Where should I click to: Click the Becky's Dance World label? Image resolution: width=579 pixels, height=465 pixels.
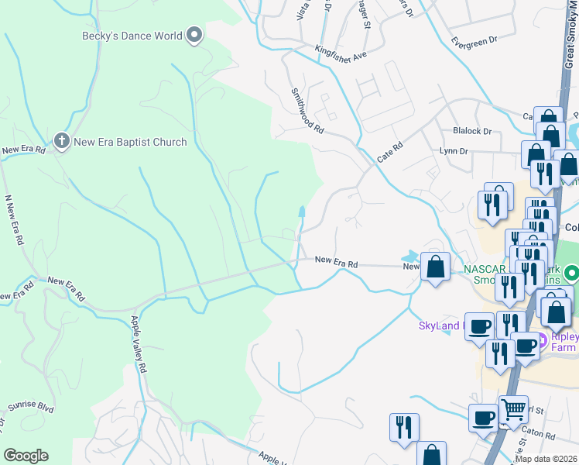pyautogui.click(x=132, y=36)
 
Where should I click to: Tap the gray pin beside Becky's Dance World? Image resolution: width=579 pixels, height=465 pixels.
pyautogui.click(x=194, y=35)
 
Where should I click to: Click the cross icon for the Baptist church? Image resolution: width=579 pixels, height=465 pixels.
pyautogui.click(x=62, y=141)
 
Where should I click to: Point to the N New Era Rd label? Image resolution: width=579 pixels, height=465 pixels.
pyautogui.click(x=12, y=221)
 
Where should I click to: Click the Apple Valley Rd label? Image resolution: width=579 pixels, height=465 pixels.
pyautogui.click(x=139, y=345)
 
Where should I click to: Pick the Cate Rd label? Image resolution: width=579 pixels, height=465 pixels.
pyautogui.click(x=390, y=151)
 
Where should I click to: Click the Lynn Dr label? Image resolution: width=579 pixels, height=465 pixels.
pyautogui.click(x=454, y=151)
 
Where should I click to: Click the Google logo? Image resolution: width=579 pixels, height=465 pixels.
pyautogui.click(x=26, y=455)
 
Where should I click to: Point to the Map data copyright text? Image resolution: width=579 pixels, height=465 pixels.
pyautogui.click(x=546, y=459)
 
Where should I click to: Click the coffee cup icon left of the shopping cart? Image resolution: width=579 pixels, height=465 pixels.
pyautogui.click(x=483, y=418)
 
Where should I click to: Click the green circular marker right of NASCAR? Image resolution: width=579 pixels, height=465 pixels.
pyautogui.click(x=572, y=273)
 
